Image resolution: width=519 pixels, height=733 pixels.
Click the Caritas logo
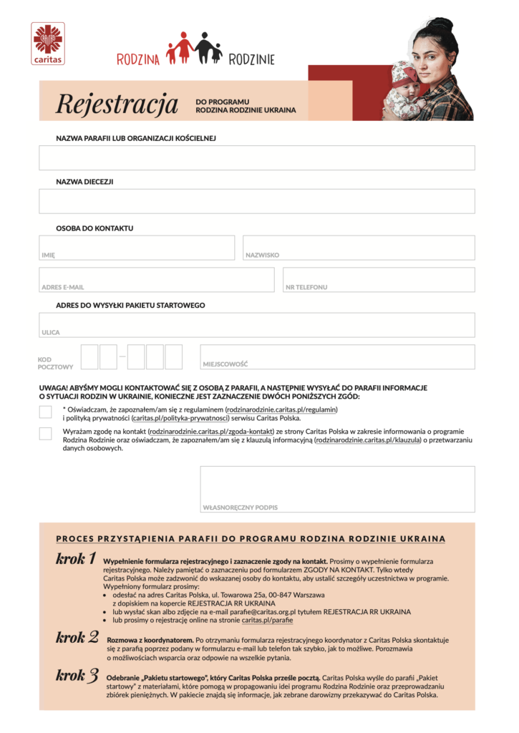tap(48, 43)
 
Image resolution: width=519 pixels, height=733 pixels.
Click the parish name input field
tap(257, 157)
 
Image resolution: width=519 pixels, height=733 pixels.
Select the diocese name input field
tap(257, 201)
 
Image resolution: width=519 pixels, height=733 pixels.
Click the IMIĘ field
tap(137, 248)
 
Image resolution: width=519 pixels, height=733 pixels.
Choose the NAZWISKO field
tap(359, 248)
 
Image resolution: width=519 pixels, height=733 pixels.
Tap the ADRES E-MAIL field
tap(157, 279)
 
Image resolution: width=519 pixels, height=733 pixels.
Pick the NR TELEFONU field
tap(379, 279)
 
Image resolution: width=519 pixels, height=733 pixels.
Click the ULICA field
tap(257, 324)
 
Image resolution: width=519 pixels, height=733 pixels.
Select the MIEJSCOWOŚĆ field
tap(337, 356)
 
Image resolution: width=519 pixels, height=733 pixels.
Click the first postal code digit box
tap(89, 356)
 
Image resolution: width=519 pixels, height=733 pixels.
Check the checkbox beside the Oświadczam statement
tap(46, 411)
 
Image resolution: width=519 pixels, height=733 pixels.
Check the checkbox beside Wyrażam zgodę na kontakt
tap(46, 433)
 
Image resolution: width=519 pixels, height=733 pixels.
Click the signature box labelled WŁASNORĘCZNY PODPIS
tap(337, 488)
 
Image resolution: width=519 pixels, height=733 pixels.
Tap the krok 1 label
tap(76, 559)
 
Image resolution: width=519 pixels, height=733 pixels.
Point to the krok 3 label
tap(76, 674)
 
